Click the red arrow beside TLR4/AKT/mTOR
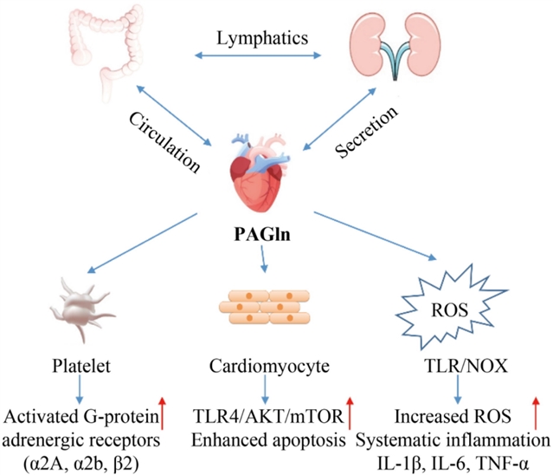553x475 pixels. (x=350, y=408)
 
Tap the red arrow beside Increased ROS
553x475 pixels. (x=534, y=408)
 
